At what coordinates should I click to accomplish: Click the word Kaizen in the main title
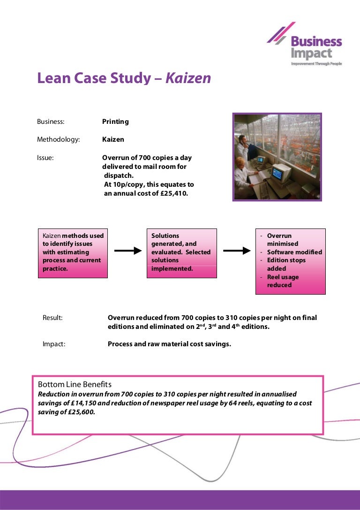(188, 78)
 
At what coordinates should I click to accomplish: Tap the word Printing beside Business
(115, 122)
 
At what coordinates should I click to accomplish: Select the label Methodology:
(59, 139)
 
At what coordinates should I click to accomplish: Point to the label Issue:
(45, 158)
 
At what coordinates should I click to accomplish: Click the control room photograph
(277, 157)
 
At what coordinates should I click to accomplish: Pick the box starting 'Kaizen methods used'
(73, 252)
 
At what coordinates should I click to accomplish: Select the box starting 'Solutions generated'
(182, 252)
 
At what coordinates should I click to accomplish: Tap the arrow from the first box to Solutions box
(127, 251)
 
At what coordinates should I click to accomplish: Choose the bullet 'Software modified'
(294, 252)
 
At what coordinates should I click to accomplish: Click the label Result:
(52, 318)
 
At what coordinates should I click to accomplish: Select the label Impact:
(54, 344)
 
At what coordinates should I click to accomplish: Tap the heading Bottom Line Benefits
(75, 385)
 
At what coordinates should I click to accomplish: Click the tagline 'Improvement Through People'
(316, 63)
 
